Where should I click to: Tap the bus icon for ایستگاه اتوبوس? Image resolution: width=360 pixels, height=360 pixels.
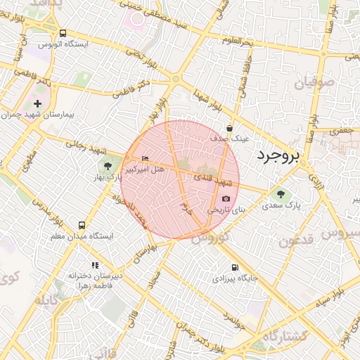(63, 33)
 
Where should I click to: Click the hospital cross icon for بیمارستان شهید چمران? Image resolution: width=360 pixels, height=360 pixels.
(38, 104)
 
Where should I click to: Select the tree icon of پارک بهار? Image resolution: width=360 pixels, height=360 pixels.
(108, 167)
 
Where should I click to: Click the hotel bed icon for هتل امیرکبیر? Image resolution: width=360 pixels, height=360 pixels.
(146, 158)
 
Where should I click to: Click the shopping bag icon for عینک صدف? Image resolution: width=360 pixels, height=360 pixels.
(231, 128)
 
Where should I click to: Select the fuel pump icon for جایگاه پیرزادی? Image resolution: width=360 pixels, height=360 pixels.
(234, 267)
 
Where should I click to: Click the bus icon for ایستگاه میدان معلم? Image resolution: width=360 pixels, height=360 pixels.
(82, 226)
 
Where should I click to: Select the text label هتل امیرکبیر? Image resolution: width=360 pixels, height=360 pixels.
(144, 169)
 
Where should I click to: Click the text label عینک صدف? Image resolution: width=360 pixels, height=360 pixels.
(231, 139)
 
